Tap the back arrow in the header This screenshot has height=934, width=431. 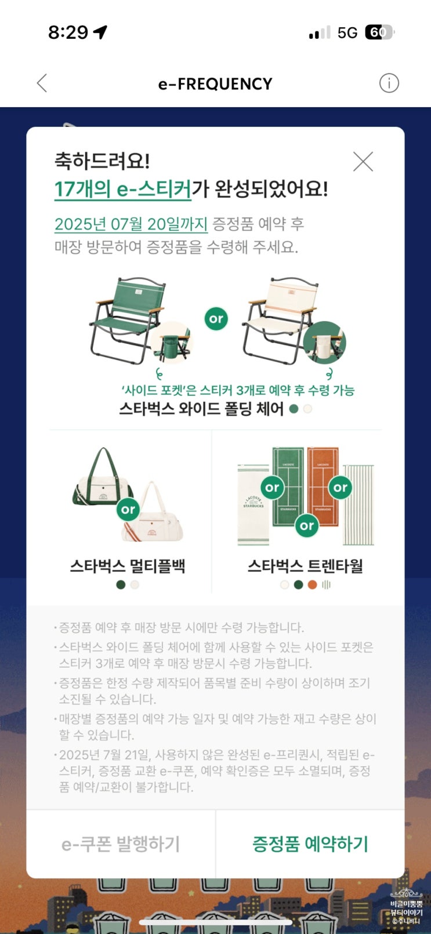pyautogui.click(x=42, y=83)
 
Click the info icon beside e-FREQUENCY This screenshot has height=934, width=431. pyautogui.click(x=389, y=83)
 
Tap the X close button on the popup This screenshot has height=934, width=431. pyautogui.click(x=363, y=161)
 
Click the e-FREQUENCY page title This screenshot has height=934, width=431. pyautogui.click(x=215, y=84)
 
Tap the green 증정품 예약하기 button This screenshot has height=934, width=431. pyautogui.click(x=310, y=844)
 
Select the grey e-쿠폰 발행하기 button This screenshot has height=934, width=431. pyautogui.click(x=121, y=844)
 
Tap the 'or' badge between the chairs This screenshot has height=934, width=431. pyautogui.click(x=216, y=319)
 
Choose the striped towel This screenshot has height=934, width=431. pyautogui.click(x=358, y=504)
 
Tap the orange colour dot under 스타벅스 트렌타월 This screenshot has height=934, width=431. pyautogui.click(x=312, y=584)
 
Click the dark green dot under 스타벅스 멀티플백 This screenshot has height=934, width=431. pyautogui.click(x=121, y=584)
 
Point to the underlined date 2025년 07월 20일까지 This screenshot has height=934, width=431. pyautogui.click(x=131, y=224)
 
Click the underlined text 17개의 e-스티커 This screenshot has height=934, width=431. pyautogui.click(x=122, y=189)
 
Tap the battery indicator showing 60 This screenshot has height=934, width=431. pyautogui.click(x=379, y=32)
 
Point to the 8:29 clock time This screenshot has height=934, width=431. pyautogui.click(x=68, y=32)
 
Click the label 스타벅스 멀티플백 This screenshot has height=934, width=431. pyautogui.click(x=127, y=566)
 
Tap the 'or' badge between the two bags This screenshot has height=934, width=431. pyautogui.click(x=128, y=509)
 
